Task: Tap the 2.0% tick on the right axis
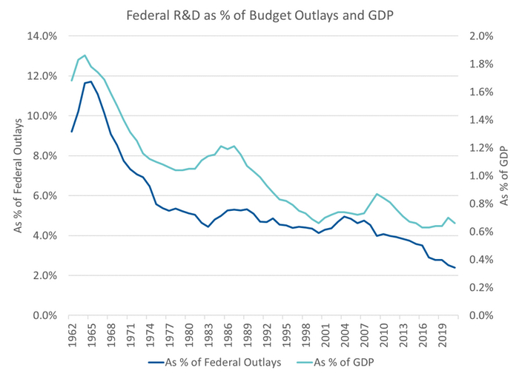pyautogui.click(x=475, y=36)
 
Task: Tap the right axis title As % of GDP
pyautogui.click(x=505, y=176)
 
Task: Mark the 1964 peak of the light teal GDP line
pyautogui.click(x=85, y=56)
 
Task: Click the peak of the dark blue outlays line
pyautogui.click(x=91, y=81)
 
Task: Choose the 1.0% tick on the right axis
pyautogui.click(x=475, y=175)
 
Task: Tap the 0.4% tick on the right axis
pyautogui.click(x=475, y=259)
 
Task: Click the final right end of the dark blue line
pyautogui.click(x=455, y=268)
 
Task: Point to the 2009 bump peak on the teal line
pyautogui.click(x=377, y=194)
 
